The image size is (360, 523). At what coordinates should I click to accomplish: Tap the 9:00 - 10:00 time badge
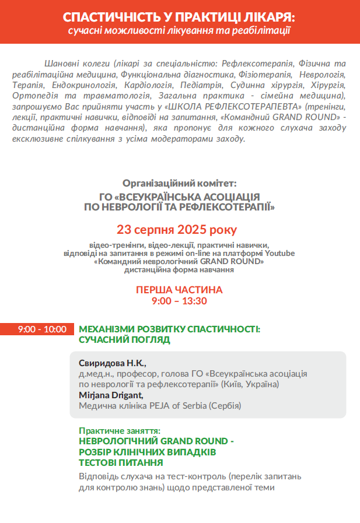tap(41, 329)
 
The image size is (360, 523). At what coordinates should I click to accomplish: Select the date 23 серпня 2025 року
tap(177, 229)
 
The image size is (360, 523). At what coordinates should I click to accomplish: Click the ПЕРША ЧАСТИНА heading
tap(179, 290)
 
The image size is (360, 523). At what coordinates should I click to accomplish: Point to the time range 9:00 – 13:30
tap(179, 301)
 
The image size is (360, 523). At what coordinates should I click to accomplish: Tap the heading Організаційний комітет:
tap(180, 183)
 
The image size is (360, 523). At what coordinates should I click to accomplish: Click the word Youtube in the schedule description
tap(280, 254)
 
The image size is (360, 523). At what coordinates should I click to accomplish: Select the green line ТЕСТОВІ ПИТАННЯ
tap(121, 462)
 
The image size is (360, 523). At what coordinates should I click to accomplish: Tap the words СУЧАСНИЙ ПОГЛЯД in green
tap(124, 339)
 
